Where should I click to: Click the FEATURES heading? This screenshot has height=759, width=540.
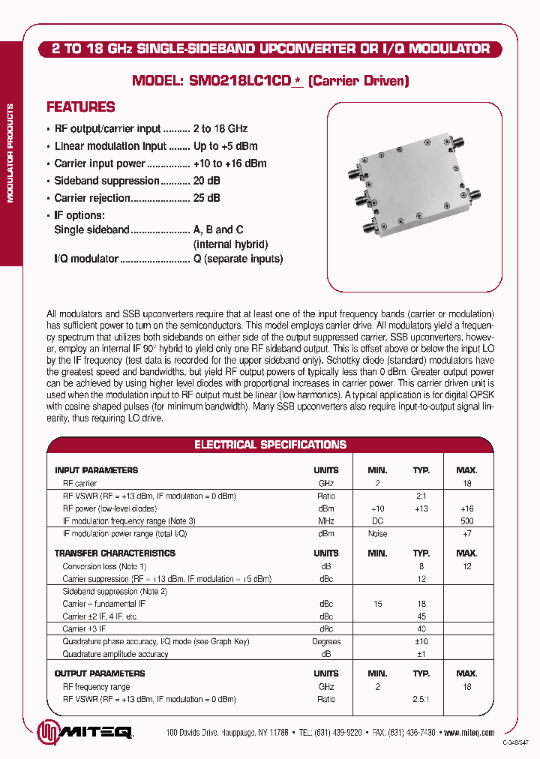(x=80, y=107)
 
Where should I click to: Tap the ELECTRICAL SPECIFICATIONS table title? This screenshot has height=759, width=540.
(x=270, y=445)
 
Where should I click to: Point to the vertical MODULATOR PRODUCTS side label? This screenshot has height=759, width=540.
(x=10, y=154)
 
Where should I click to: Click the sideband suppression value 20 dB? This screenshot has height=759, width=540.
(x=206, y=181)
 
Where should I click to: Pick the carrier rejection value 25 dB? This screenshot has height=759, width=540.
(x=206, y=198)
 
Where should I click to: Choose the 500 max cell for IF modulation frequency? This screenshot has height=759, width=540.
(x=466, y=520)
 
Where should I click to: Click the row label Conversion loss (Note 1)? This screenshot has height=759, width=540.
(x=104, y=566)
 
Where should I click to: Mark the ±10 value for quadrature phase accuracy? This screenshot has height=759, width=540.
(x=421, y=641)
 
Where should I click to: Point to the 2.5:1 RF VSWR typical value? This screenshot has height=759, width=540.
(x=421, y=699)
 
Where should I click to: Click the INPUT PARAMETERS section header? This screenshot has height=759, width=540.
(x=96, y=470)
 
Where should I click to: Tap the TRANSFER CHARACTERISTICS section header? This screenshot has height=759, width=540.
(x=115, y=553)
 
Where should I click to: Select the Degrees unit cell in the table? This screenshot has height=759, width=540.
(x=326, y=641)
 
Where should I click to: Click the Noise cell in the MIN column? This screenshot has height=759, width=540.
(x=377, y=534)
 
